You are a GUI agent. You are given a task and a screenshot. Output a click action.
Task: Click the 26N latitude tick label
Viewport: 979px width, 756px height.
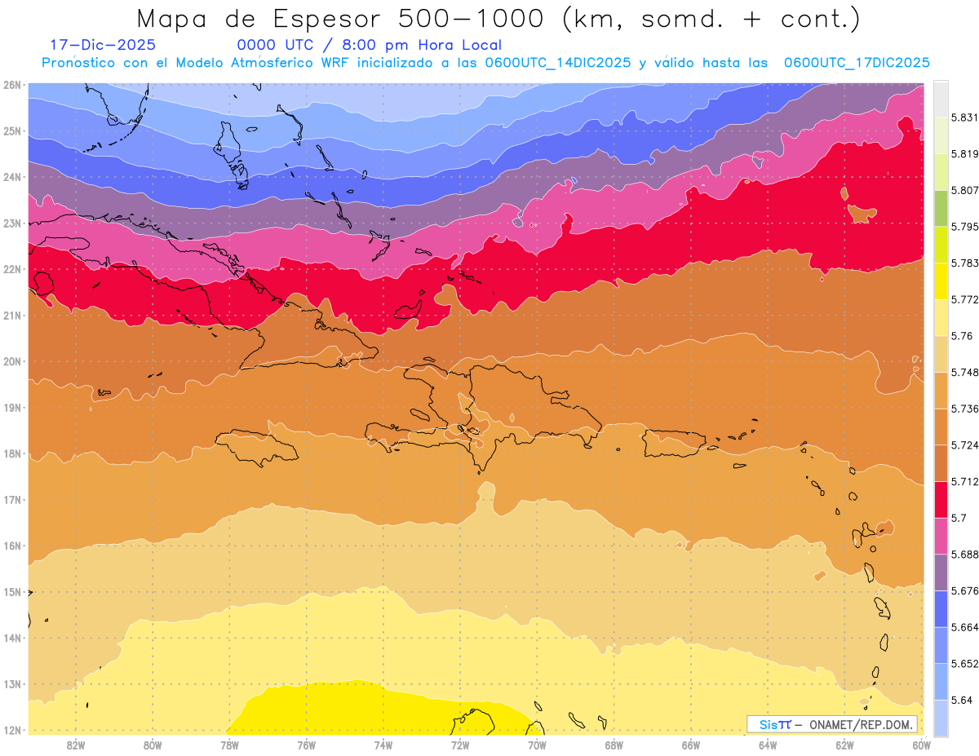[x=11, y=85]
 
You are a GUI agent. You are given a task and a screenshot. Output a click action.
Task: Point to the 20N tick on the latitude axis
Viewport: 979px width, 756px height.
[x=11, y=361]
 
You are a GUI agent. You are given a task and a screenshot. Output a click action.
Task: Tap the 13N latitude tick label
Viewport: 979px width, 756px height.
[x=11, y=684]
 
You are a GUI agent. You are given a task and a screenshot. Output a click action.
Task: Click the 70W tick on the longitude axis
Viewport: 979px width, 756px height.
[x=537, y=745]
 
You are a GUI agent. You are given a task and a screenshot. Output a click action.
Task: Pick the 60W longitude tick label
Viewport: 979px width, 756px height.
[x=921, y=745]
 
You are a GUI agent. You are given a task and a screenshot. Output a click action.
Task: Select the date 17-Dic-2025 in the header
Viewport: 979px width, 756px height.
[x=102, y=45]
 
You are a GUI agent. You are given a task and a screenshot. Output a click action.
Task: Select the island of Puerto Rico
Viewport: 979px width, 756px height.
[x=674, y=443]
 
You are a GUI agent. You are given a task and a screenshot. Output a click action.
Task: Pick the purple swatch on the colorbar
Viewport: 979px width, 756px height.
[x=941, y=572]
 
